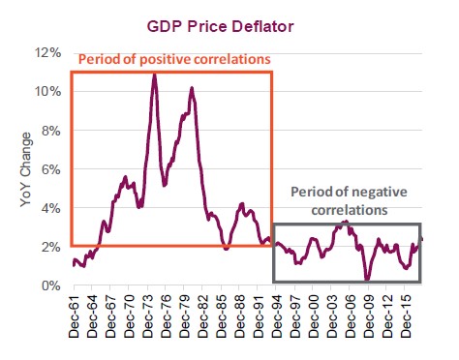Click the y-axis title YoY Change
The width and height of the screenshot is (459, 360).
coord(26,168)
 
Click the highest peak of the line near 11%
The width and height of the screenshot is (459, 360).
coord(154,74)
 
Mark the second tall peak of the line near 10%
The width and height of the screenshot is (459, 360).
coord(192,88)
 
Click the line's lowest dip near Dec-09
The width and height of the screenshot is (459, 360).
coord(367,280)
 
